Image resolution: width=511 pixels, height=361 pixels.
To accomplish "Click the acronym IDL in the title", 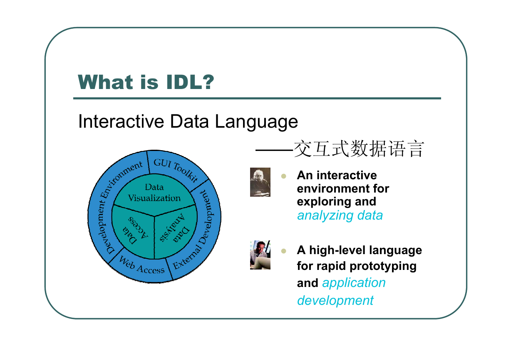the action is (184, 82).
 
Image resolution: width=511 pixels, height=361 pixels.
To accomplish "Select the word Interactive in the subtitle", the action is (121, 121).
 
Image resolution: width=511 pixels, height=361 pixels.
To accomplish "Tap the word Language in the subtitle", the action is (256, 122).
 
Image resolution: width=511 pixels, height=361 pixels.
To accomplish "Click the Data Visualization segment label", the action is (154, 193).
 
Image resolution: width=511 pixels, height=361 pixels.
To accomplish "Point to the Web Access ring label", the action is (141, 265).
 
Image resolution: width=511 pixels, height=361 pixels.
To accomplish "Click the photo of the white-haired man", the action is (260, 182).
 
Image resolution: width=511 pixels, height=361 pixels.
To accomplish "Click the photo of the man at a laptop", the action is (260, 255).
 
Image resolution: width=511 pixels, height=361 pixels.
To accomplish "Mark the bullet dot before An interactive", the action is (283, 176).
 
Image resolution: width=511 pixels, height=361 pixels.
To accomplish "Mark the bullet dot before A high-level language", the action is (283, 251).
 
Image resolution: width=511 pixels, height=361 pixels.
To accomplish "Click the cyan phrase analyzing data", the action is (340, 215).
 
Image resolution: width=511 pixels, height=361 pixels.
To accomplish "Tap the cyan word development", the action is (335, 301).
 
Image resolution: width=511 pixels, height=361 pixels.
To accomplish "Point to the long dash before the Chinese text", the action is (274, 150).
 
